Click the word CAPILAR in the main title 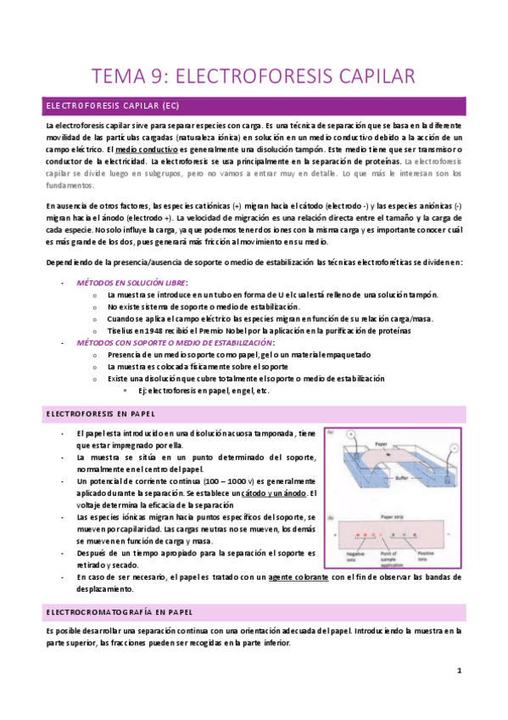371,77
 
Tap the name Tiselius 122,330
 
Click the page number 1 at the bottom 459,671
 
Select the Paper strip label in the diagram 393,515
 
